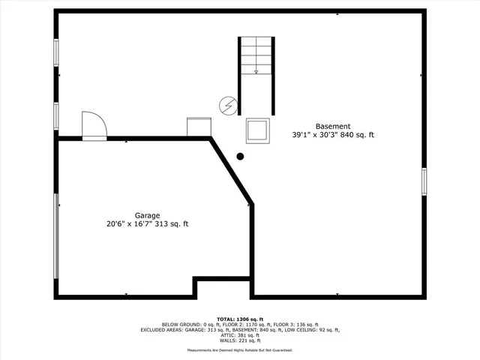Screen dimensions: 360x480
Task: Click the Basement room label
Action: (332, 126)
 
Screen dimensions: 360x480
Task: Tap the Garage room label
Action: (147, 214)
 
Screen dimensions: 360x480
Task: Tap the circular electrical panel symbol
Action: (227, 106)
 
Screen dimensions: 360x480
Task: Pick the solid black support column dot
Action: (241, 157)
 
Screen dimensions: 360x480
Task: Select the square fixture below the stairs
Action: (256, 130)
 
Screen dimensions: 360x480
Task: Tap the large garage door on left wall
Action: (56, 235)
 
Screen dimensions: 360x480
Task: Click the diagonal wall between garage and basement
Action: (232, 170)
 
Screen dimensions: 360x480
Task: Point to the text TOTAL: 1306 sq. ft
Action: (240, 319)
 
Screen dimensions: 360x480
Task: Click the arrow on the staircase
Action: (256, 71)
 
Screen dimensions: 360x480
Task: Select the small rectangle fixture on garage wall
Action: (199, 127)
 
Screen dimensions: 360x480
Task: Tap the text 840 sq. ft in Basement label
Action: (357, 135)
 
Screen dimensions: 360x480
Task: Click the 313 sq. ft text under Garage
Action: (172, 223)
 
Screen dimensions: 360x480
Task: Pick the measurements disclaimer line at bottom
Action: (240, 350)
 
